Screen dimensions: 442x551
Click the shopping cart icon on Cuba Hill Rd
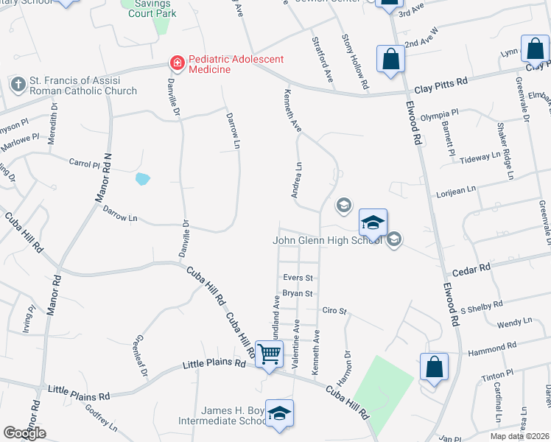click(x=269, y=354)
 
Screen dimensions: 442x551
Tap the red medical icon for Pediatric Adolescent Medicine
click(x=177, y=64)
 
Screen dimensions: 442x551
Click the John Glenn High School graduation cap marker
click(x=373, y=222)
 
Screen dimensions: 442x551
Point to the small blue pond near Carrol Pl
click(x=143, y=178)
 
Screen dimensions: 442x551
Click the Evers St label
click(x=298, y=278)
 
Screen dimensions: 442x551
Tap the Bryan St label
click(x=298, y=293)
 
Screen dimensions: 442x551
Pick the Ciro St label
click(x=334, y=311)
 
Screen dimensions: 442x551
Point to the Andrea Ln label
click(x=298, y=180)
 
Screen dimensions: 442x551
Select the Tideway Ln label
click(x=480, y=158)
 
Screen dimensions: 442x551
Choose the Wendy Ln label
click(x=514, y=322)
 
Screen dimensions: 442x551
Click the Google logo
click(x=24, y=432)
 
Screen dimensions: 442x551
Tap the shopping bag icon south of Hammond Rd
click(x=435, y=366)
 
